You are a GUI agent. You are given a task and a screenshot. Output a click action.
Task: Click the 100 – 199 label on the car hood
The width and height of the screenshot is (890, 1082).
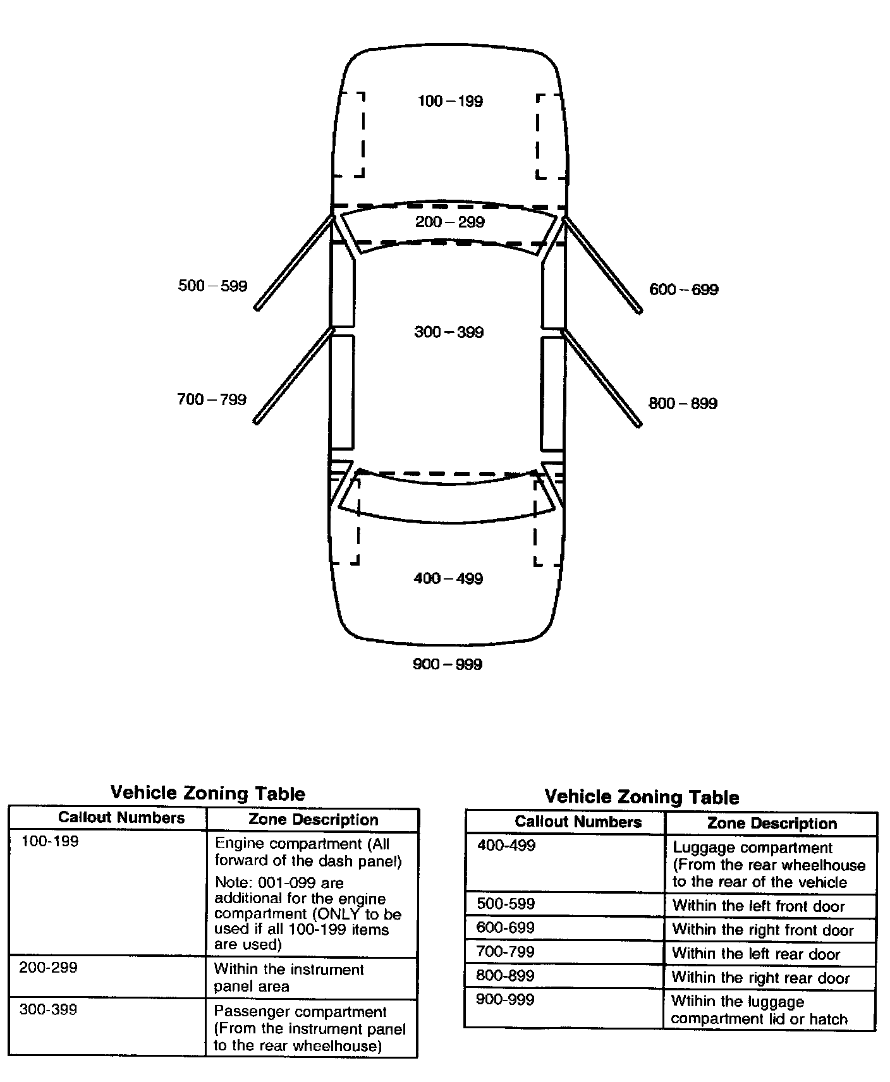coord(450,101)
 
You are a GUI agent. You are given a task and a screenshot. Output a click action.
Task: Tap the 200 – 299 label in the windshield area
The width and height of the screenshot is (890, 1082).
coord(449,222)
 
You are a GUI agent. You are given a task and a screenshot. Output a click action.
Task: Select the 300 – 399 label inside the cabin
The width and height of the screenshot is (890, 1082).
coord(449,332)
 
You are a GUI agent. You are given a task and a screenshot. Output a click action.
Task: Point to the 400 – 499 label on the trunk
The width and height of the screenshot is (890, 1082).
coord(448,578)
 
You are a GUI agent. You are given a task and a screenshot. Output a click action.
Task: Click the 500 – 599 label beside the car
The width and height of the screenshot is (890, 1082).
coord(212,286)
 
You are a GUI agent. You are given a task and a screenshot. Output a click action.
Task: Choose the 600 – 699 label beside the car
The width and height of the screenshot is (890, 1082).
coord(683,289)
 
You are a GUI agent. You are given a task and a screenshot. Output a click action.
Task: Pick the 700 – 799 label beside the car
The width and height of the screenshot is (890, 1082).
coord(211,399)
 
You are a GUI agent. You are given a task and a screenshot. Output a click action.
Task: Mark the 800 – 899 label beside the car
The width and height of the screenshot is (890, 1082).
coord(683,403)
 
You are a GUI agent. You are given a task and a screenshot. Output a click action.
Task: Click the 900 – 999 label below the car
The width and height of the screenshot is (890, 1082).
coord(448,664)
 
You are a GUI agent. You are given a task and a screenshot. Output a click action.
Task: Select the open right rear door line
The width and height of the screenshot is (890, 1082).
coord(602,378)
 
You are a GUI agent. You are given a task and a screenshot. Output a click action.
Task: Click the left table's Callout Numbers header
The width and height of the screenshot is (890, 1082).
coord(121,818)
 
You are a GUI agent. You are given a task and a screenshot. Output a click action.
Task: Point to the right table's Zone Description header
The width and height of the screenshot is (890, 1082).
coord(772,824)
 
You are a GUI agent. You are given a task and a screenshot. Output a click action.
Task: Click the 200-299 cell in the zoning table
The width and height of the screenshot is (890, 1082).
coord(49,968)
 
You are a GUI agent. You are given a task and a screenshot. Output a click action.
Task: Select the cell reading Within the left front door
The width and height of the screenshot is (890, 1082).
coord(759,906)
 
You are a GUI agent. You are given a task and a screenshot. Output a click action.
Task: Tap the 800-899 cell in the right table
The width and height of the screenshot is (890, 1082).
coord(505,975)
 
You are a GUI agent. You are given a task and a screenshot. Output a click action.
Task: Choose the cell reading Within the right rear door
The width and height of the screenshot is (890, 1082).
coord(760,978)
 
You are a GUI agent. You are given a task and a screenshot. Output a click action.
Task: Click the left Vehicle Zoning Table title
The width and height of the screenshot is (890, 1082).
coord(207,793)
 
